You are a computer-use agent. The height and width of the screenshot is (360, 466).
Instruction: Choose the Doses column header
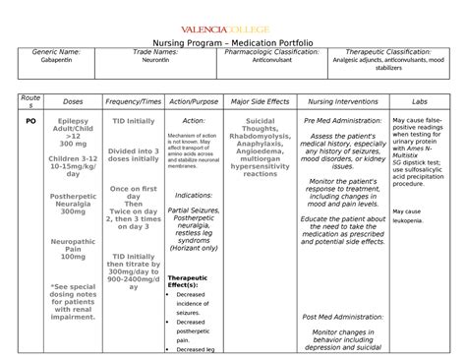click(x=73, y=100)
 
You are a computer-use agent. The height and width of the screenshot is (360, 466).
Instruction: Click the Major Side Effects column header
click(x=259, y=100)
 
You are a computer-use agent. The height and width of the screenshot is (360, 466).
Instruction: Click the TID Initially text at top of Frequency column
click(x=133, y=120)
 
